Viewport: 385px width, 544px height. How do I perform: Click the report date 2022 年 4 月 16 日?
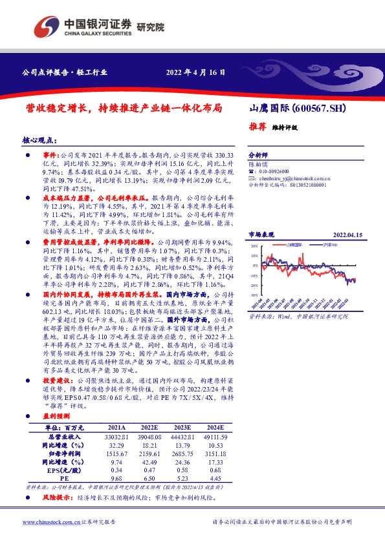[x=196, y=72]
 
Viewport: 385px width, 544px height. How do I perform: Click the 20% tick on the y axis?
[x=254, y=246]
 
